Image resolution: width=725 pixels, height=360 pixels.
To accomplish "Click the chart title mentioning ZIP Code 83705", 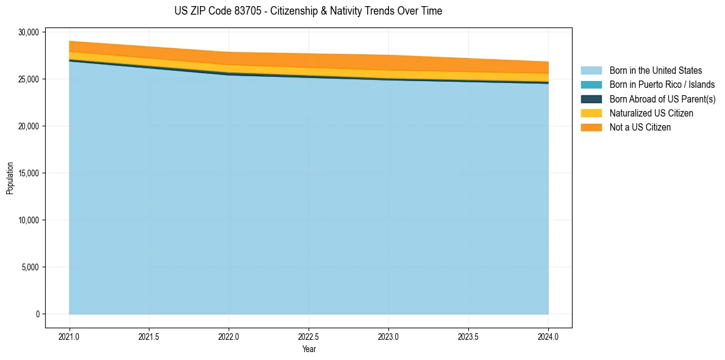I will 308,11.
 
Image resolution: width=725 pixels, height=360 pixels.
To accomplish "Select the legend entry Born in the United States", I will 655,71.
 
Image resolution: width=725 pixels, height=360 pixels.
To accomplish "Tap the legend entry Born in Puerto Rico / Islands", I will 662,85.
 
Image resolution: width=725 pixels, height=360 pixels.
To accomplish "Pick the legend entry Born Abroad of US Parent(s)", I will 662,99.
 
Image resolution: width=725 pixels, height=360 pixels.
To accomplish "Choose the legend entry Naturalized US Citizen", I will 651,113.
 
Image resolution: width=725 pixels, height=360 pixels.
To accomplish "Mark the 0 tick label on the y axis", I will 37,314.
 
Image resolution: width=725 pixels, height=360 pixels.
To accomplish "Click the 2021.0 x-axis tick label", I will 69,336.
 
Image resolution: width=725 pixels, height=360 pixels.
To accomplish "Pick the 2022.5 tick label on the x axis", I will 309,336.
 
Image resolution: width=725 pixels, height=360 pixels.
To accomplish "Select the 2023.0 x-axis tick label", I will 388,336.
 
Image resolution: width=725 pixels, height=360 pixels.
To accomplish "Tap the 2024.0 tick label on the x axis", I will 548,336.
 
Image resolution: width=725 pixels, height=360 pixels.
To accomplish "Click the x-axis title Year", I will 309,349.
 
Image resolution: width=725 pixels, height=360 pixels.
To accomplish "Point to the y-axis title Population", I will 10,178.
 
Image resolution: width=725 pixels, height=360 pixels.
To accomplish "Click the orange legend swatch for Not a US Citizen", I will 591,127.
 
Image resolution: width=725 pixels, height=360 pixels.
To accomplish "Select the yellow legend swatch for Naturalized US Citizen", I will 591,113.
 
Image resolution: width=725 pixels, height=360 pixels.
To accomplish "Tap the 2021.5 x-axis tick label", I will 149,336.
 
